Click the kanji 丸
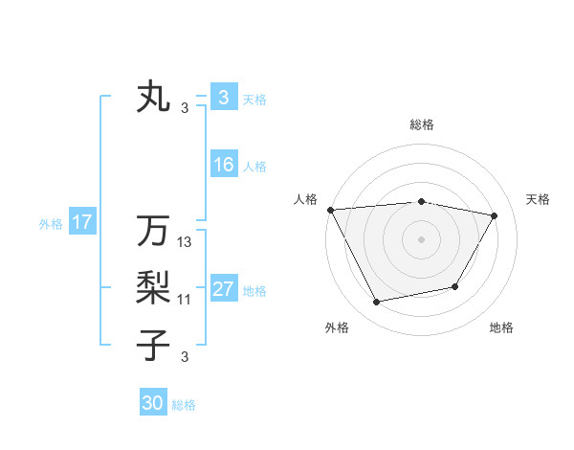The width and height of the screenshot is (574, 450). pyautogui.click(x=154, y=98)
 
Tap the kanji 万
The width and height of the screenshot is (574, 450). pyautogui.click(x=154, y=231)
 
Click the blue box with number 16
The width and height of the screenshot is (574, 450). pyautogui.click(x=223, y=165)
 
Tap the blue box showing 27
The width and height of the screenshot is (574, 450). pyautogui.click(x=223, y=289)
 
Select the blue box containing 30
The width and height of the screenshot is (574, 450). pyautogui.click(x=153, y=403)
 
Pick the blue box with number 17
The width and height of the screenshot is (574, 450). pyautogui.click(x=81, y=223)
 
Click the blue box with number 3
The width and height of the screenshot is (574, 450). pyautogui.click(x=223, y=97)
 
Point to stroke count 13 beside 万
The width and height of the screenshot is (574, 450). pyautogui.click(x=185, y=242)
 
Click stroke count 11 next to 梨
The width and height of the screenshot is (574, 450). pyautogui.click(x=185, y=300)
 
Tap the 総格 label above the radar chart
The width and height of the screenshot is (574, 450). pyautogui.click(x=422, y=124)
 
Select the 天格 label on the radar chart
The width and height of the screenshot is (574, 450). pyautogui.click(x=539, y=199)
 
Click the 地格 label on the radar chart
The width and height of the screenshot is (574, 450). pyautogui.click(x=501, y=327)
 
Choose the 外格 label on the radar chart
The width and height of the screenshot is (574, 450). pyautogui.click(x=337, y=327)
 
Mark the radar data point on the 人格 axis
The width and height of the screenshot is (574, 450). pyautogui.click(x=331, y=209)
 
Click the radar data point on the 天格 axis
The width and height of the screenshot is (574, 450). pyautogui.click(x=495, y=215)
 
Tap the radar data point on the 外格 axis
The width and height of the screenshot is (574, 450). pyautogui.click(x=377, y=303)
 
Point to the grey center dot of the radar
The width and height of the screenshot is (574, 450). pyautogui.click(x=422, y=238)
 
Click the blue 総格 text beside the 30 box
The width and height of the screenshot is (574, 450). pyautogui.click(x=184, y=405)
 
